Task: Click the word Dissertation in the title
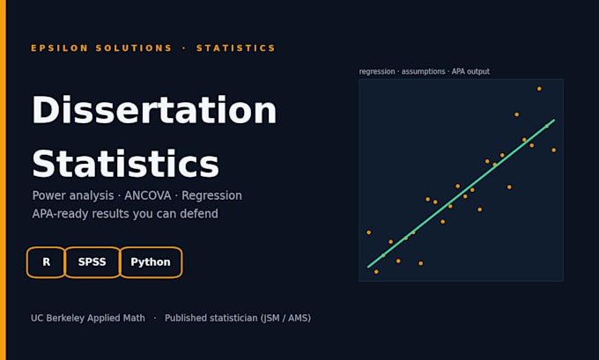coord(154,110)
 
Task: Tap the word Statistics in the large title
coord(125,164)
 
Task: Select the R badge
coord(46,262)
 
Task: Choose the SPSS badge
coord(92,262)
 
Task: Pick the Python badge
coord(151,262)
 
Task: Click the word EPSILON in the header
coord(60,48)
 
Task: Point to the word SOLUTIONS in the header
coord(134,48)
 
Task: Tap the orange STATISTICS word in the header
coord(236,48)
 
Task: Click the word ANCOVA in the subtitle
coord(147,195)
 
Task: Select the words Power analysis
coord(73,195)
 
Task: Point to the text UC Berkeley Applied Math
coord(88,318)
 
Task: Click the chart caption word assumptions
coord(424,72)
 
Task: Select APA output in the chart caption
coord(470,71)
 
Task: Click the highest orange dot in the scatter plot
coord(539,89)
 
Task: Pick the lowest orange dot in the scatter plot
coord(376,272)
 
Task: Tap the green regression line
coord(461,194)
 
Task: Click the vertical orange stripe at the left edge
coord(3,180)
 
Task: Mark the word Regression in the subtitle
coord(211,195)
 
